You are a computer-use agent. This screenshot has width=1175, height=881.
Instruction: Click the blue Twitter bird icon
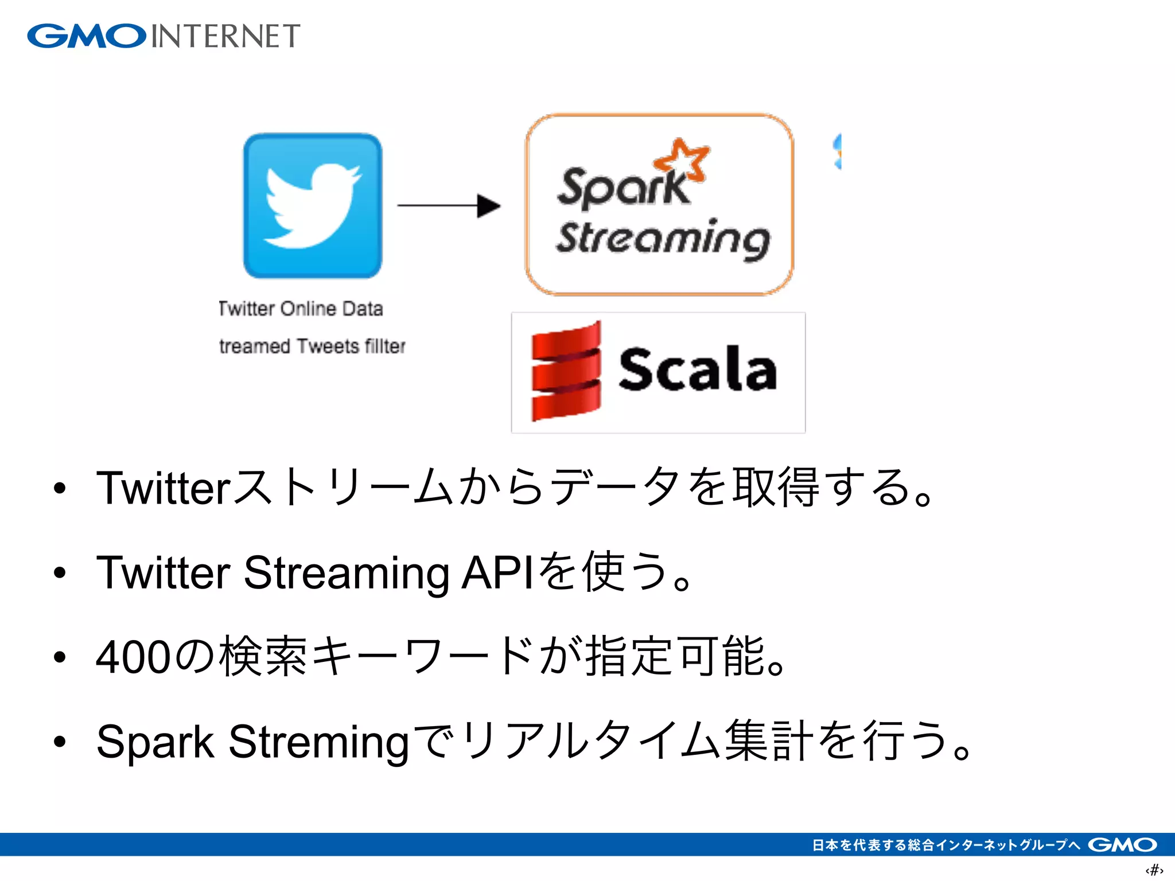click(313, 206)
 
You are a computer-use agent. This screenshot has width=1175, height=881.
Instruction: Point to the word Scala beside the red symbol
click(698, 370)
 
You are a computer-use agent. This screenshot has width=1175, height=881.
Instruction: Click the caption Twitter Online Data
click(301, 309)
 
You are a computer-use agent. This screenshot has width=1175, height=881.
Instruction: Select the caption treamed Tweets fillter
click(312, 346)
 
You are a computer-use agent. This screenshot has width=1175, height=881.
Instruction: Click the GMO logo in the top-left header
click(87, 36)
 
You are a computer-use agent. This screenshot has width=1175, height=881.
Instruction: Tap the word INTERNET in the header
click(225, 36)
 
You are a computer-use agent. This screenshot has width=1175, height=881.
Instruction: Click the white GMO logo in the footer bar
click(1122, 845)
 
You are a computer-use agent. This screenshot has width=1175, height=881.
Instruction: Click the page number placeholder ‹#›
click(1154, 870)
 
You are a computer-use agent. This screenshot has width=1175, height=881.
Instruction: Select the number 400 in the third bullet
click(133, 657)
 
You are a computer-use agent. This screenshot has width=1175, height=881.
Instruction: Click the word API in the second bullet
click(497, 572)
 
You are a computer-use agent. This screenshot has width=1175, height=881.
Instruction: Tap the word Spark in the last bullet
click(155, 742)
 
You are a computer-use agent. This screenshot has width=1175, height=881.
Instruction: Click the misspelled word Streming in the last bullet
click(318, 742)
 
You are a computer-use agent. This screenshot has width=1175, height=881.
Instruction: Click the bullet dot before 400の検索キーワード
click(60, 657)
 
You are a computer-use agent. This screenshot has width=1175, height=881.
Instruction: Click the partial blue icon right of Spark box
click(838, 151)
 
